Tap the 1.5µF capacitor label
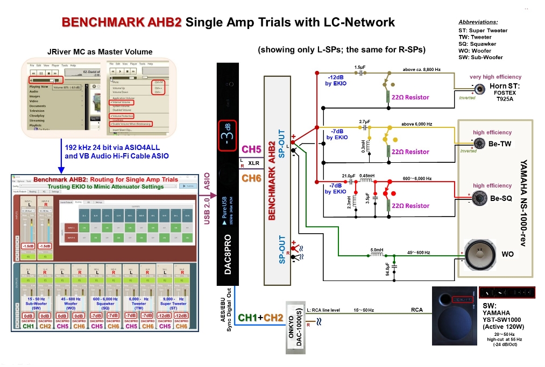360,67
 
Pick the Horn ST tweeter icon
479,88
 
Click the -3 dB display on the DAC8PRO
228,134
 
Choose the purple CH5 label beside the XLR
251,149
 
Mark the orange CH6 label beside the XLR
251,178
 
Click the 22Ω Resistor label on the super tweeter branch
410,97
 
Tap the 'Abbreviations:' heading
478,22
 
